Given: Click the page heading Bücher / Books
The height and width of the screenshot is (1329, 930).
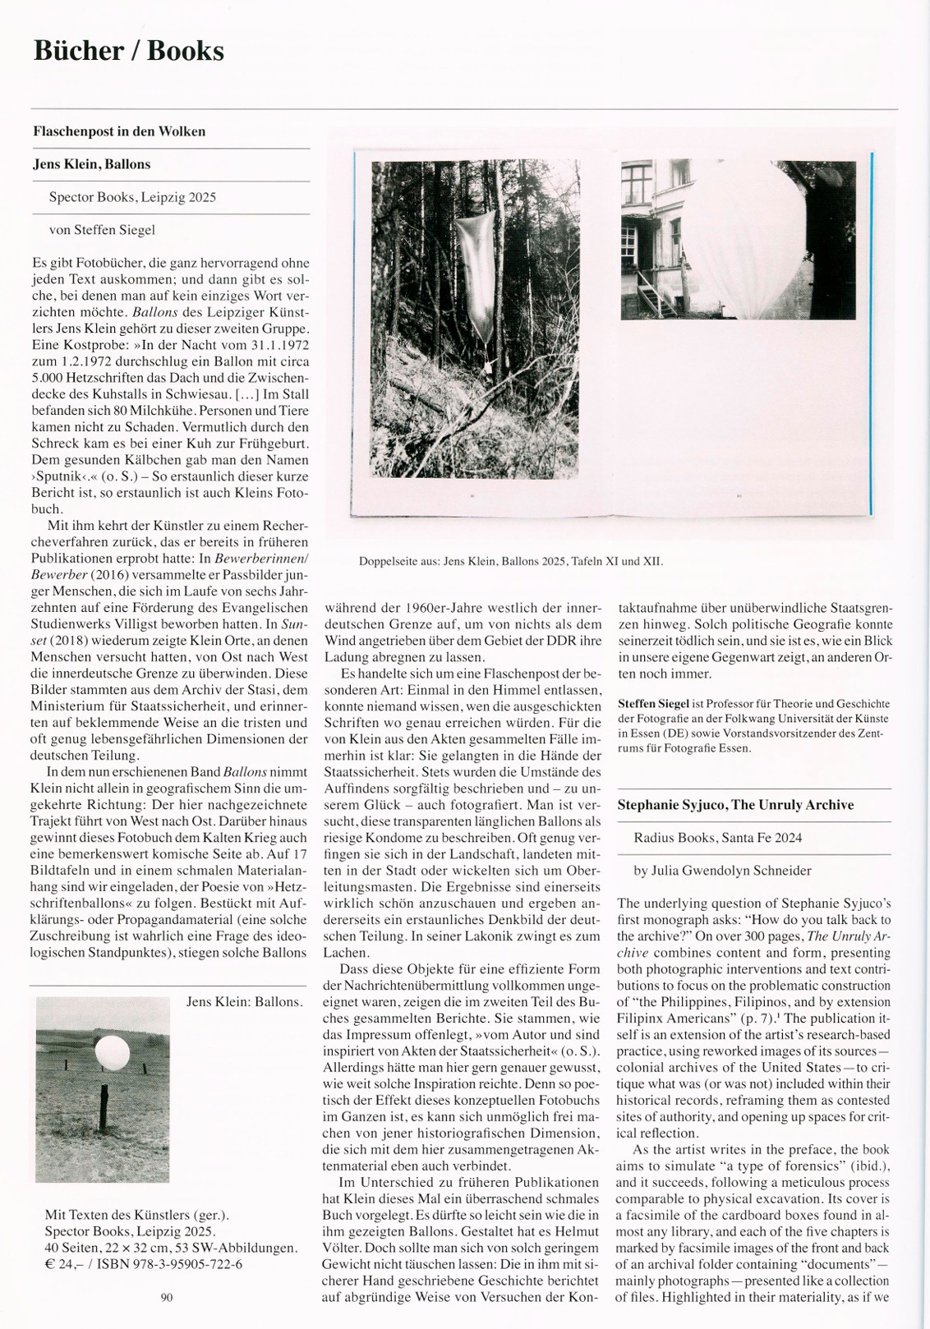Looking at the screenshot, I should click(128, 51).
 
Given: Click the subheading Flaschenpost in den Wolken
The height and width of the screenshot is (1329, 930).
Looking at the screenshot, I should click(119, 131).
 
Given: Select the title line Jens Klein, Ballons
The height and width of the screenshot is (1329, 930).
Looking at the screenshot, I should click(91, 164).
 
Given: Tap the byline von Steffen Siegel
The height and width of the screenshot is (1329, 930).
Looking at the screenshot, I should click(102, 230).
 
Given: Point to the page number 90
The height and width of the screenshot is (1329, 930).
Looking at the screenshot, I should click(167, 1298).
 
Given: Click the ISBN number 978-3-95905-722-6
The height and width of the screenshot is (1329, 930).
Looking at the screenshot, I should click(177, 1264).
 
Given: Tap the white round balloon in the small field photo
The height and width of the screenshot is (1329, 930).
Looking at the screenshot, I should click(111, 1051).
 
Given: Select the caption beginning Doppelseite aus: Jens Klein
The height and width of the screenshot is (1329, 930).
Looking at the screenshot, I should click(510, 562).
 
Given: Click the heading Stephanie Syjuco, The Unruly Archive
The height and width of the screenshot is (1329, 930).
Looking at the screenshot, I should click(735, 805).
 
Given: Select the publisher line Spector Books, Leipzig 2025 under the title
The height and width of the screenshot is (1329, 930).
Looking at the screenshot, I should click(132, 197).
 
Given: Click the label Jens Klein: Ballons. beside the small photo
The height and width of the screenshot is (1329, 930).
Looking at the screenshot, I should click(244, 1002).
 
